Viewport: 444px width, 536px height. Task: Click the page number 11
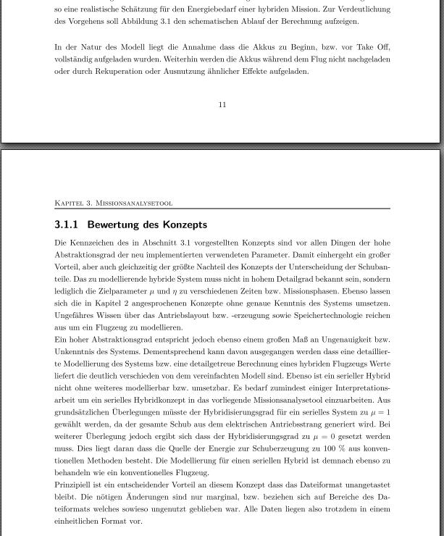pyautogui.click(x=222, y=105)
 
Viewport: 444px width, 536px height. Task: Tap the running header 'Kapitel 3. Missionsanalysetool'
pyautogui.click(x=113, y=204)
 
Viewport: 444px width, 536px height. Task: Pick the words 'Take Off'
pyautogui.click(x=374, y=47)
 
